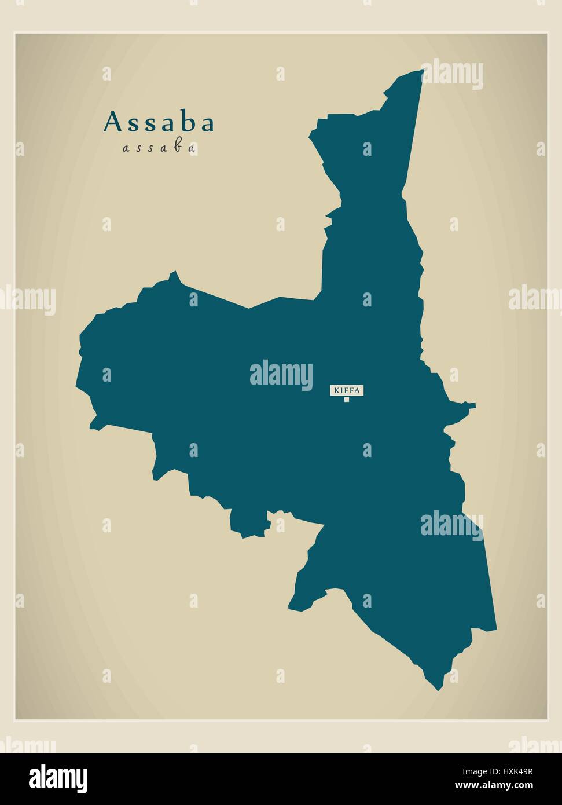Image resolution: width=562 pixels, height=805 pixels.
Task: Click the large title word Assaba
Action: coord(159,123)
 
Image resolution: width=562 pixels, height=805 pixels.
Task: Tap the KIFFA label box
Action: coord(347,390)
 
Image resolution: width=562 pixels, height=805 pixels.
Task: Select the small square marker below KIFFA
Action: coord(347,399)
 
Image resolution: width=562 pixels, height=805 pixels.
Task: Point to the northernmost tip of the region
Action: coord(423,71)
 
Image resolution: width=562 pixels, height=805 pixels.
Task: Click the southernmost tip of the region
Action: coord(437,690)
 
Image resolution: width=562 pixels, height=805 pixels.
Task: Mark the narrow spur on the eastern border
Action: coord(470,405)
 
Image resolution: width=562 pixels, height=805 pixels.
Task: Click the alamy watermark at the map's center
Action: coord(281,374)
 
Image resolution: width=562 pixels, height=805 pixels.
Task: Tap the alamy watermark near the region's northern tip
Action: coord(451,74)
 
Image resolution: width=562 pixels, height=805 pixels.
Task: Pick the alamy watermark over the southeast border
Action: coord(451,525)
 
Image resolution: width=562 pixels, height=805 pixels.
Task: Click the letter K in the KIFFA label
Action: coord(335,390)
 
